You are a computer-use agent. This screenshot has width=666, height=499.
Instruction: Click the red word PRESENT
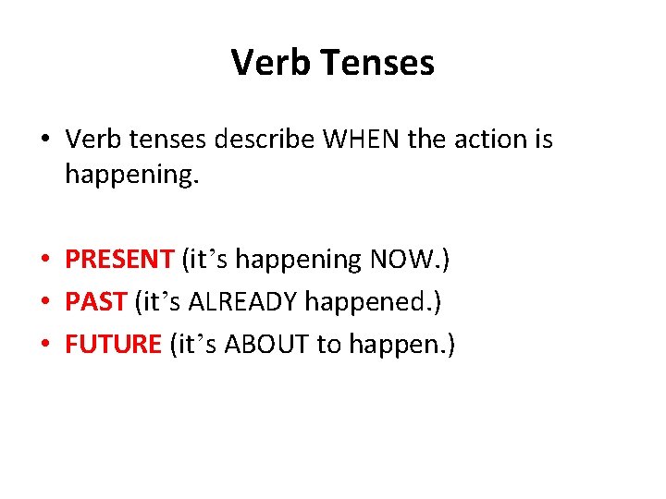tap(118, 260)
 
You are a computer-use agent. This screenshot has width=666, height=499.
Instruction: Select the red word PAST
tap(96, 301)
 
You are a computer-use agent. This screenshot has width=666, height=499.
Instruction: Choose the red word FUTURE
tap(113, 344)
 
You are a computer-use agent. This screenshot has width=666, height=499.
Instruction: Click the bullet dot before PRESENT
tap(45, 261)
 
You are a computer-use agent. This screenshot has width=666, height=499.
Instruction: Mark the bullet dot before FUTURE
tap(45, 345)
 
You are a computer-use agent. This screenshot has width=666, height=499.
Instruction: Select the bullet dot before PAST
tap(45, 302)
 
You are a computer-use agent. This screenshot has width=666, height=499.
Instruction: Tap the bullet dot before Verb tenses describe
tap(45, 140)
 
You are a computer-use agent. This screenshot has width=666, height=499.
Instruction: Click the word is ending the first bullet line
tap(542, 140)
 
